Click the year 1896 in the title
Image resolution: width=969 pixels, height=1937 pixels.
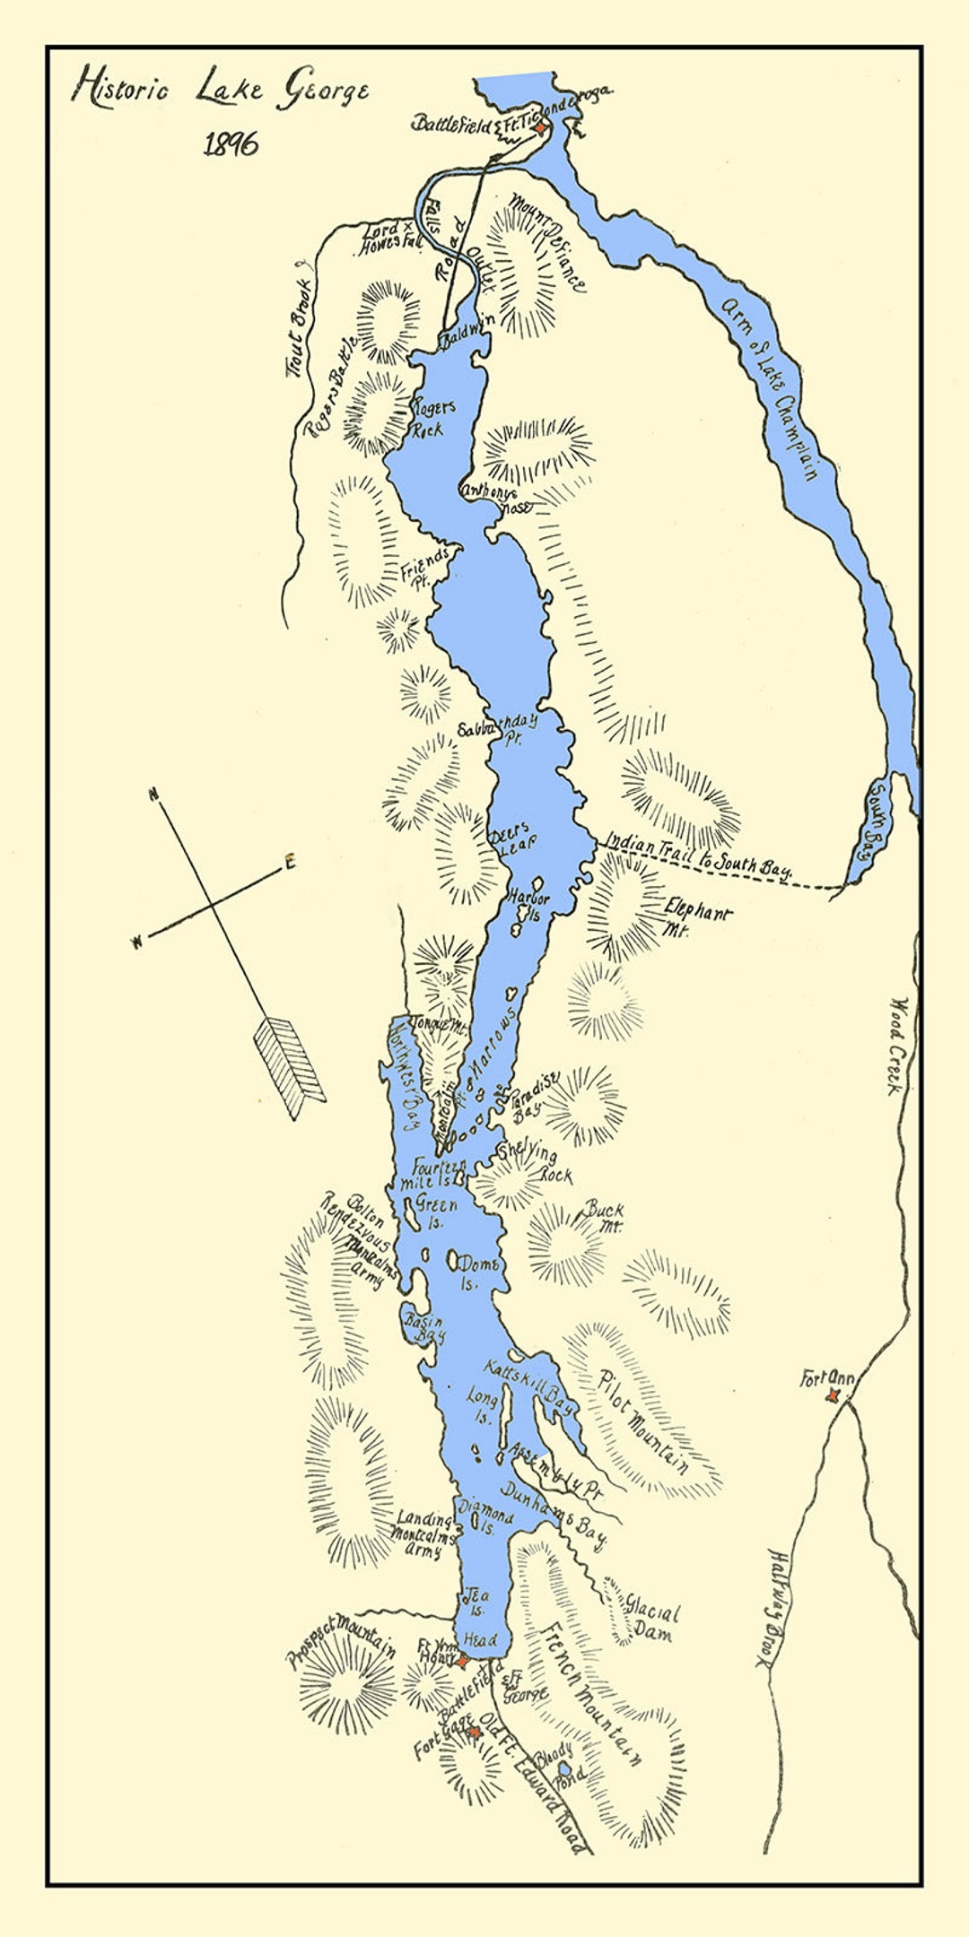[231, 143]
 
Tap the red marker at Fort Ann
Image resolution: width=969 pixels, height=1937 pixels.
[834, 1395]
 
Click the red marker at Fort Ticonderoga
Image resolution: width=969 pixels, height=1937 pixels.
[539, 129]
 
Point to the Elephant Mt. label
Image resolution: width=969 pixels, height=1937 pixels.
[696, 920]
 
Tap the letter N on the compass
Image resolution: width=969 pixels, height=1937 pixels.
[154, 794]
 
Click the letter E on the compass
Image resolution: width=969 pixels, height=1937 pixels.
[289, 864]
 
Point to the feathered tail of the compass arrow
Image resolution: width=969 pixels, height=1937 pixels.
[289, 1066]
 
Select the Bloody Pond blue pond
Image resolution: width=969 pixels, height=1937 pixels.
[563, 1766]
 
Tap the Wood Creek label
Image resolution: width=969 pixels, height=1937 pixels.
[896, 1046]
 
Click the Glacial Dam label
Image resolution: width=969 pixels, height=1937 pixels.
[651, 1621]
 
